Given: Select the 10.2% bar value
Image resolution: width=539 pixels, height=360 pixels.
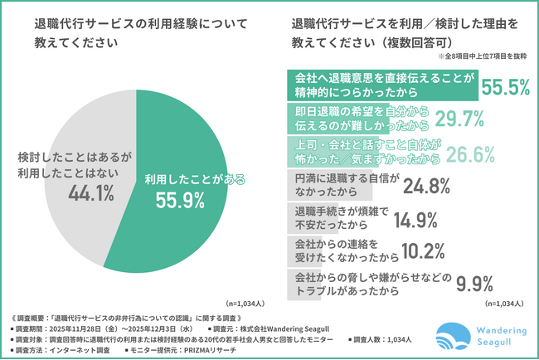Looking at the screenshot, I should tap(405, 253).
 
